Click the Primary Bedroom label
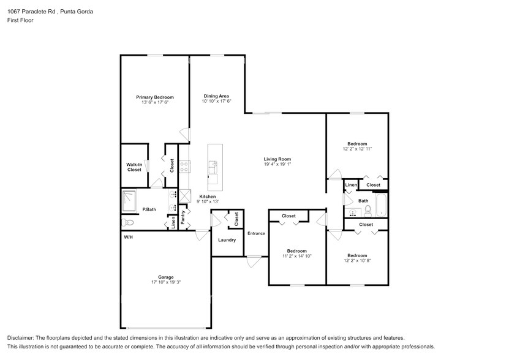point(154,97)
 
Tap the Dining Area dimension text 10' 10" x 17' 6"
point(216,102)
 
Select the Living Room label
point(277,159)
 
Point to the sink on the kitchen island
point(214,164)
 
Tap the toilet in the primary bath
point(128,223)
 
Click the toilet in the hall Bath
point(368,210)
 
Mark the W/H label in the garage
point(129,237)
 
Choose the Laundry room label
point(227,240)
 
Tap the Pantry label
point(183,218)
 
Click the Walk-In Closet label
point(134,167)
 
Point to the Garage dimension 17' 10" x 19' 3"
point(166,283)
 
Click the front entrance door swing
point(252,262)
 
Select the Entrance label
point(256,233)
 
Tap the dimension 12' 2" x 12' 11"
point(357,149)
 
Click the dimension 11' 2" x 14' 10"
point(297,256)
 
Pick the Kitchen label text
point(208,197)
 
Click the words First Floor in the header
point(21,20)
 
